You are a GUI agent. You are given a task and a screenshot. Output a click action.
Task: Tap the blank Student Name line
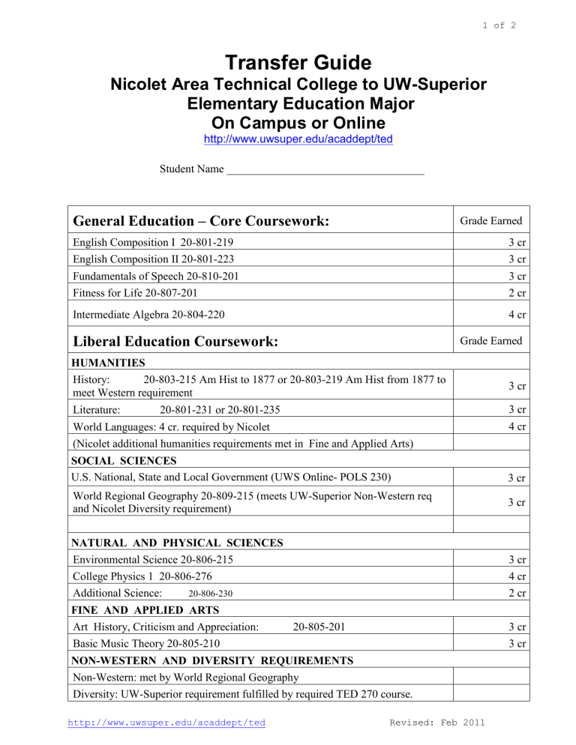pos(325,170)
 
